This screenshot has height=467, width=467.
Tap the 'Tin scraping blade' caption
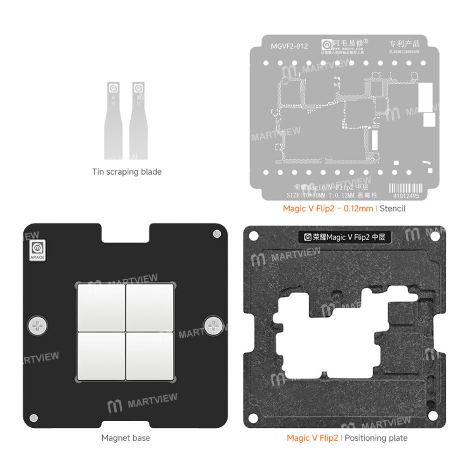[x=127, y=172]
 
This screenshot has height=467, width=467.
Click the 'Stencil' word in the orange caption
[x=393, y=208]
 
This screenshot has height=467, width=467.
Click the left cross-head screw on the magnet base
[x=37, y=325]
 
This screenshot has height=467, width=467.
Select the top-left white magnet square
[x=101, y=306]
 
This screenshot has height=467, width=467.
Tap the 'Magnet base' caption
[x=126, y=438]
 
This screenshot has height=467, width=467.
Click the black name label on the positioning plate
[x=345, y=237]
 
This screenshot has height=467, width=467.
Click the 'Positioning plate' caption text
[x=376, y=438]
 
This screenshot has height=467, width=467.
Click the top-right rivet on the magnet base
[x=216, y=234]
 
